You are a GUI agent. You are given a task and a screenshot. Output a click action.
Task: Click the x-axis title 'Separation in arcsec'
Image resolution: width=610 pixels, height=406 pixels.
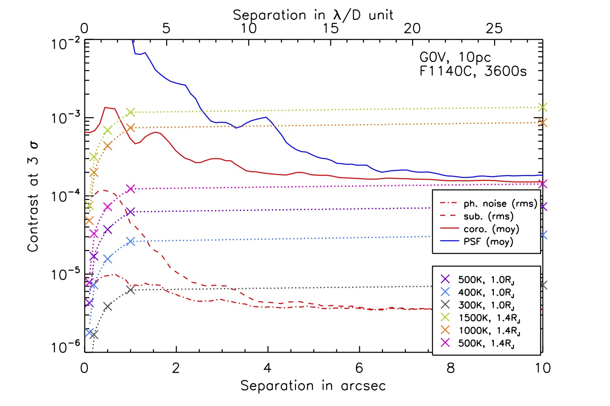(313, 386)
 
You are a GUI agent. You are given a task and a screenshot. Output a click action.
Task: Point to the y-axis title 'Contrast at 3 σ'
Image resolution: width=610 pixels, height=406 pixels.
(33, 197)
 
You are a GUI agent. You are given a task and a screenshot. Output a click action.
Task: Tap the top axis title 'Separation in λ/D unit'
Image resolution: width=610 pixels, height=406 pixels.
(313, 15)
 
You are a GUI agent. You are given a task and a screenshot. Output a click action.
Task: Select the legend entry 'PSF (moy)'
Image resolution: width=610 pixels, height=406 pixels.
(489, 242)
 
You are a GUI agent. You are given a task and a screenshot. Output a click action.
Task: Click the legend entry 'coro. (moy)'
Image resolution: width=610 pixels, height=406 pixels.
(491, 229)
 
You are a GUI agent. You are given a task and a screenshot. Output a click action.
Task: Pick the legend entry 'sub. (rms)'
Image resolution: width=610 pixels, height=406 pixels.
(489, 216)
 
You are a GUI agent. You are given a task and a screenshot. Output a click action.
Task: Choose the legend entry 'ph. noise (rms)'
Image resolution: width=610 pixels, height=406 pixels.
(500, 204)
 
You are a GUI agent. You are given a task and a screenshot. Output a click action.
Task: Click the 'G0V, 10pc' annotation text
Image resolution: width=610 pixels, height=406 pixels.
(455, 57)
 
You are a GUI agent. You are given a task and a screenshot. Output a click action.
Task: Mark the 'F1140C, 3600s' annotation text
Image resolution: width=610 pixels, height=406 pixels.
(473, 71)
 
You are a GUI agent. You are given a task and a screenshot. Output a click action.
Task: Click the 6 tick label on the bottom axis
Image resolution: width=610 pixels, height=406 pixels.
(359, 368)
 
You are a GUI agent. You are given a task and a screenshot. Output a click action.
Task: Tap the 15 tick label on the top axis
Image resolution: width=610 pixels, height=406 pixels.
(330, 28)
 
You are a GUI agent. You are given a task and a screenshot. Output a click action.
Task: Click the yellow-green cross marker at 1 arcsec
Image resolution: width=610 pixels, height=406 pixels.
(131, 112)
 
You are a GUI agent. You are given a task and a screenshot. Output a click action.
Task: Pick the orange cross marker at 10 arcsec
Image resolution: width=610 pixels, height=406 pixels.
(543, 123)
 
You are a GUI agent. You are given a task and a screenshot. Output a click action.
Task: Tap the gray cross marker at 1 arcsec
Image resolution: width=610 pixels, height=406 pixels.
(131, 290)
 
